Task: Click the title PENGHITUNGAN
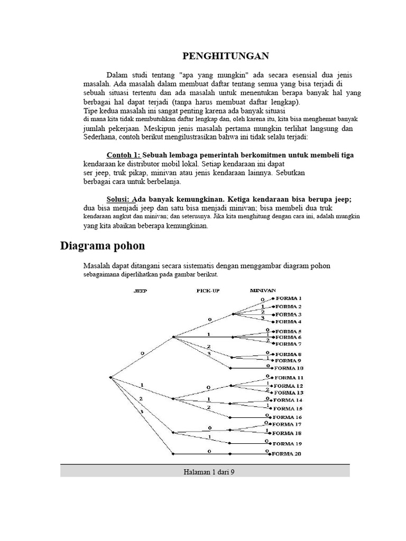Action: pos(226,56)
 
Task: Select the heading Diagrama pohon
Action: pos(103,246)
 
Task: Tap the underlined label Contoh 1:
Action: pos(124,155)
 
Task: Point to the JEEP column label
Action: pos(140,291)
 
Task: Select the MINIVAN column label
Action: pos(262,290)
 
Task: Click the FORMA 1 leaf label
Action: pos(289,298)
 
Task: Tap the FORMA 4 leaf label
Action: pos(289,321)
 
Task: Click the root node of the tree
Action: pos(110,377)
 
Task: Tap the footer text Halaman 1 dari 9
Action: pos(205,472)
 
